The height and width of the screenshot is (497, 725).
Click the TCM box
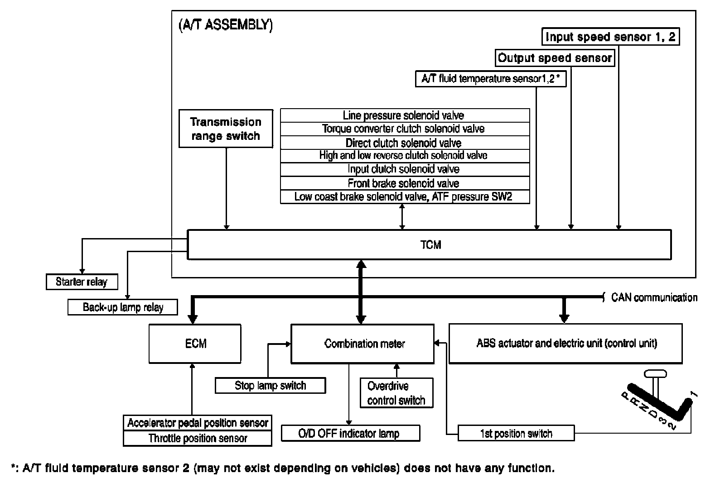click(x=430, y=245)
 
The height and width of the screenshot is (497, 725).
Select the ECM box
click(x=195, y=344)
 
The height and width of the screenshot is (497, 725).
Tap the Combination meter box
click(x=362, y=344)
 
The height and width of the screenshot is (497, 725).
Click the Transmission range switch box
click(x=226, y=129)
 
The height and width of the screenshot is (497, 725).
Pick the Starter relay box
click(x=82, y=282)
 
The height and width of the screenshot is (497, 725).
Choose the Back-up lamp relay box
click(x=122, y=307)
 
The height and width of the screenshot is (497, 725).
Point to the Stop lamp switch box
click(x=270, y=386)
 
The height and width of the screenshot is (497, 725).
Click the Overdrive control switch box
click(x=396, y=393)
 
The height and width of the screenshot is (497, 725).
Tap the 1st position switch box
click(x=516, y=433)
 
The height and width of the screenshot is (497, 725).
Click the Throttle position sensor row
click(x=198, y=438)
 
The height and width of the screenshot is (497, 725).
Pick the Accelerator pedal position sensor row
click(x=198, y=423)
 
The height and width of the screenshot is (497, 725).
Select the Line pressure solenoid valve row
click(x=405, y=115)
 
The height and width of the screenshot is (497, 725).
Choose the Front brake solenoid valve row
click(x=405, y=183)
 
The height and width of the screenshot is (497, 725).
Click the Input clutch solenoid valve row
click(x=405, y=169)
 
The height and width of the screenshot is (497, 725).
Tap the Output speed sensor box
click(x=555, y=58)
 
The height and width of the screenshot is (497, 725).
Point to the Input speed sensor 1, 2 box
click(x=611, y=37)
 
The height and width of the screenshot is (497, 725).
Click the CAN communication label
click(x=654, y=297)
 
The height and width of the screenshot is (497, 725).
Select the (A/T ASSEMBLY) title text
click(x=225, y=24)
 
